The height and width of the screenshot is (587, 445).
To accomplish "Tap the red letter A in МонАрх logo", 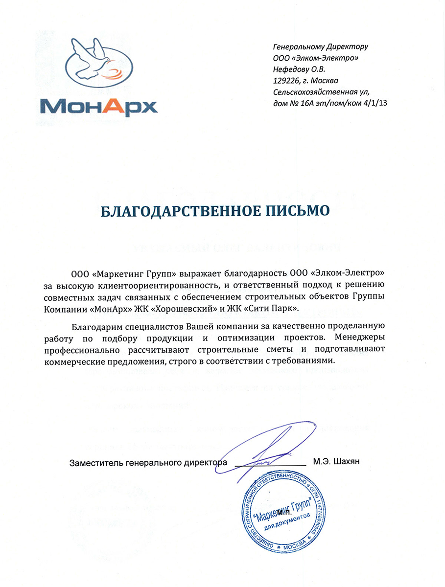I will tap(119, 105).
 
